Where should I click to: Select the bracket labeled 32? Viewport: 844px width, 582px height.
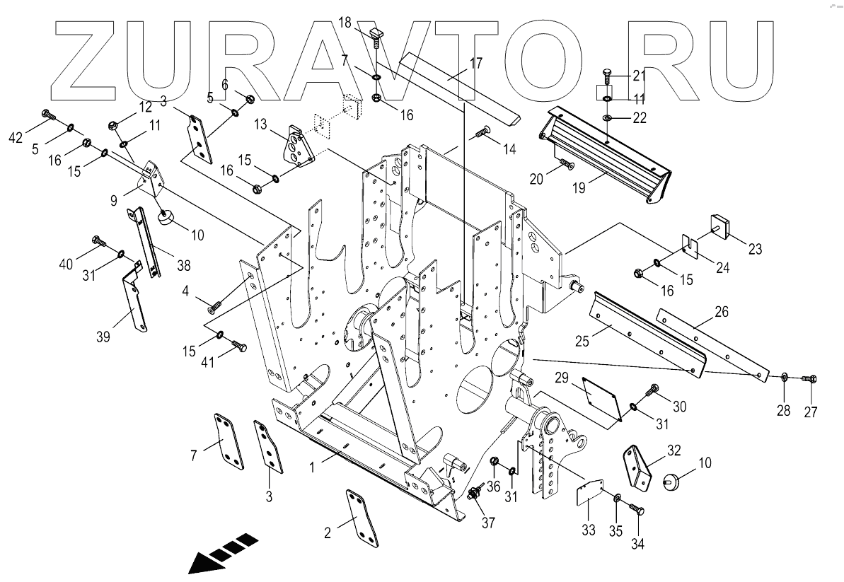640,467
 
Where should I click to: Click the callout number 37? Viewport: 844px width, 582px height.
488,523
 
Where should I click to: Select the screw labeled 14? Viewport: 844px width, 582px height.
484,131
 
